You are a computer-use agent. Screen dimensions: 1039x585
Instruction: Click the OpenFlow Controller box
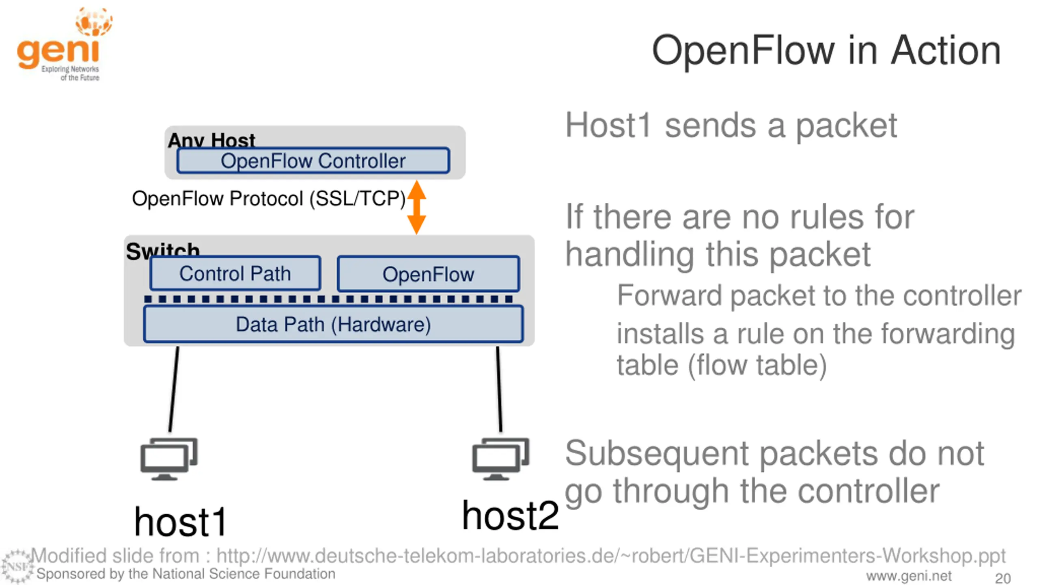point(313,160)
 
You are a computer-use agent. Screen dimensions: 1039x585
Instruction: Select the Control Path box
point(235,273)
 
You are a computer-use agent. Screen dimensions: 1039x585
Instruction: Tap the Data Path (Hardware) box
point(333,324)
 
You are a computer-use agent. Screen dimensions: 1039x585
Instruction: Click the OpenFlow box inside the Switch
point(428,274)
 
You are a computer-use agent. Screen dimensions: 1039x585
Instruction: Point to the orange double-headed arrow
point(416,207)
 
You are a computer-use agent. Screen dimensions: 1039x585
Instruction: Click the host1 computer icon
point(169,459)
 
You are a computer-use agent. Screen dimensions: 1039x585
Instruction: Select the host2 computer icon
point(500,459)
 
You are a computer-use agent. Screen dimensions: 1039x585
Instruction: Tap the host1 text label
point(180,522)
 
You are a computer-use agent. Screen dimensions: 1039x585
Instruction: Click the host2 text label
point(510,516)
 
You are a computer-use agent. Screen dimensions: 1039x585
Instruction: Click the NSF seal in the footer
point(17,566)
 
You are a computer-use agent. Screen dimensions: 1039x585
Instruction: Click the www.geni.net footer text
point(909,576)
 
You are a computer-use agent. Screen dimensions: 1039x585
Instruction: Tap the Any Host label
point(211,140)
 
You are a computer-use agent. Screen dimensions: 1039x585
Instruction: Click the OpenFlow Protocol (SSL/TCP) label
point(269,199)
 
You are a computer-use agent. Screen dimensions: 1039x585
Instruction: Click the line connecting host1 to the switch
point(174,389)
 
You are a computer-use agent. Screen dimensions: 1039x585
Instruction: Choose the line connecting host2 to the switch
point(499,389)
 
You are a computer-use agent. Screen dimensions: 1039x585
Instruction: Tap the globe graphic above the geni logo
point(94,22)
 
